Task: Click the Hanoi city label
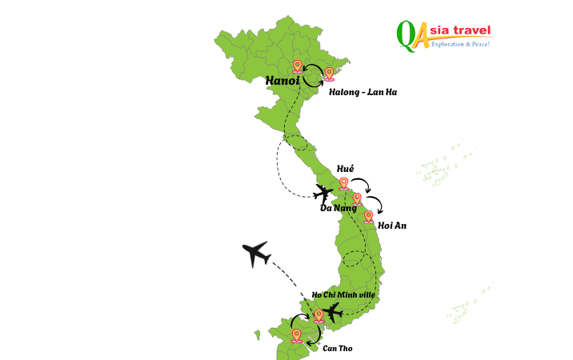pos(283,81)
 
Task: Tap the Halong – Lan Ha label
pos(363,92)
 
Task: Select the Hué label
pos(345,169)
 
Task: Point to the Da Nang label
pos(338,208)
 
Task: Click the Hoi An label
pos(392,226)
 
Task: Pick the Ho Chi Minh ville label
pos(343,295)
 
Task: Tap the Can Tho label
pos(337,348)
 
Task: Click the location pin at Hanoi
pos(298,66)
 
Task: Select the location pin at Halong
pos(329,74)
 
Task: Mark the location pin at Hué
pos(344,184)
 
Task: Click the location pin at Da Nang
pos(357,199)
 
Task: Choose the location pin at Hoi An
pos(368,216)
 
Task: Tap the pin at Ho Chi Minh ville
pos(319,315)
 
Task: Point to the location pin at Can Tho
pos(296,335)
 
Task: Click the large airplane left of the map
pos(257,254)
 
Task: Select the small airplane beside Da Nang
pos(323,193)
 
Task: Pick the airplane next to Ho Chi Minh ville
pos(333,313)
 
